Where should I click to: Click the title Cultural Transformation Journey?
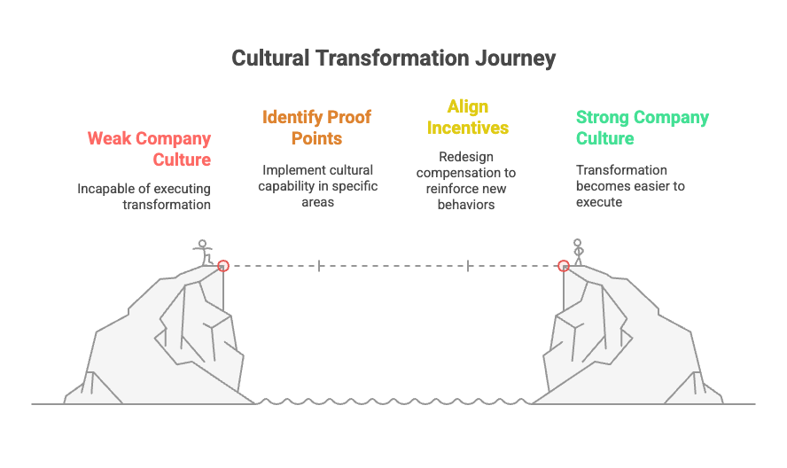click(x=393, y=58)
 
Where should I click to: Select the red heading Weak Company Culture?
click(x=149, y=149)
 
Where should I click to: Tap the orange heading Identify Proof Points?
click(x=316, y=128)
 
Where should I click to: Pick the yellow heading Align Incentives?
click(x=467, y=117)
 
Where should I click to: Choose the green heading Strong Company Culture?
click(x=642, y=128)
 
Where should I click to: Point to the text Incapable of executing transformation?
click(x=144, y=196)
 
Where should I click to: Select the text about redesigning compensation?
click(x=466, y=181)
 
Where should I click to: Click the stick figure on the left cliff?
click(x=204, y=252)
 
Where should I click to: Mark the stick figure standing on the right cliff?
click(x=578, y=252)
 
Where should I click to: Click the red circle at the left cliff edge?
click(x=223, y=265)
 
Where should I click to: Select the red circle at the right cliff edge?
click(x=563, y=265)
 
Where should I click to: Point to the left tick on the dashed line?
click(x=319, y=265)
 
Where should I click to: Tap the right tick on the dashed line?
click(x=468, y=265)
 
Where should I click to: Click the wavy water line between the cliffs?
click(x=394, y=402)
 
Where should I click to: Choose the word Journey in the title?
click(x=515, y=58)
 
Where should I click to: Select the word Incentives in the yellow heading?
click(x=467, y=128)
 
